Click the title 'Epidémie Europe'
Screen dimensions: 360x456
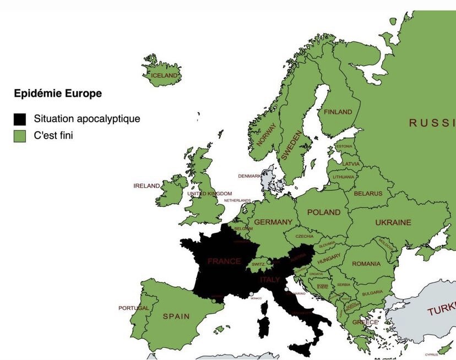point(58,94)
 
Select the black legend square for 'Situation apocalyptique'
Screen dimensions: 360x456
point(20,118)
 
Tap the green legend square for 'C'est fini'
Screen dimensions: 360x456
point(20,135)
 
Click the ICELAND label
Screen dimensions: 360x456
point(165,75)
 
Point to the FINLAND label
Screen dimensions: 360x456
point(338,112)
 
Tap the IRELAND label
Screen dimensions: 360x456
point(146,186)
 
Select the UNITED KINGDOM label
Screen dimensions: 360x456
point(210,194)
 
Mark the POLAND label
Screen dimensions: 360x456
point(324,212)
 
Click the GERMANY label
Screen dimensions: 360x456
point(273,222)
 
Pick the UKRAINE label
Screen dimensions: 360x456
point(393,223)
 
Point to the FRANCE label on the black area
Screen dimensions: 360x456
point(224,261)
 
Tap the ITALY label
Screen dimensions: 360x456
point(270,280)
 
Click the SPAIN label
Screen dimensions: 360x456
point(176,317)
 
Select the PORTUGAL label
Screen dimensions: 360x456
point(133,308)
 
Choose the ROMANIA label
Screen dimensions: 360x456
point(366,264)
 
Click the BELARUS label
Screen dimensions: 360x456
point(368,194)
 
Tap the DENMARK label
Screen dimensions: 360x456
point(249,176)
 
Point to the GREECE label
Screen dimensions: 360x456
point(365,322)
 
